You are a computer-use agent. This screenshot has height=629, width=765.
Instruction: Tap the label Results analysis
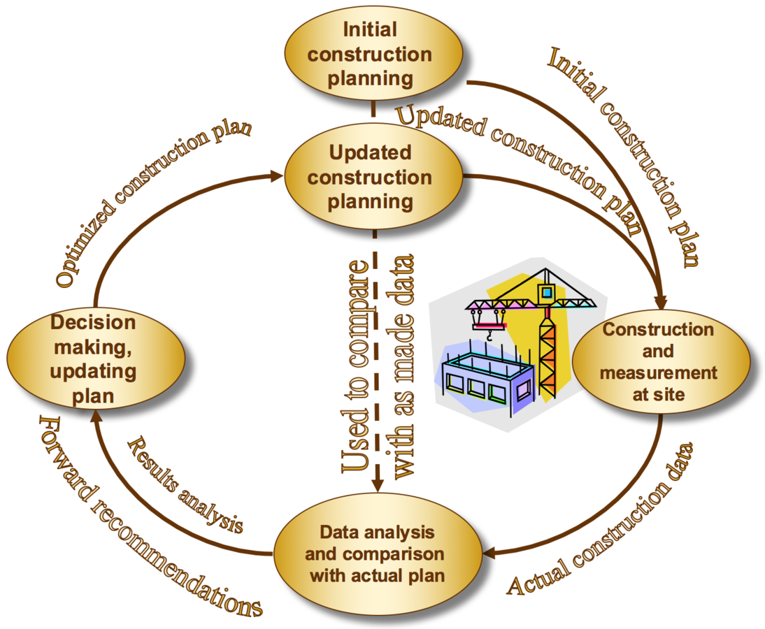click(x=185, y=486)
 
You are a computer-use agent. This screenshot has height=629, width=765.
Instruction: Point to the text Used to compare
click(x=353, y=370)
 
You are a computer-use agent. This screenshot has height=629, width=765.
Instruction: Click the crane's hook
click(x=489, y=337)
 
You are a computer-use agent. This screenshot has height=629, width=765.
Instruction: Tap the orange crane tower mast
click(x=547, y=349)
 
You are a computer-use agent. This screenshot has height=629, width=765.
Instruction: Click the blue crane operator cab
click(x=545, y=290)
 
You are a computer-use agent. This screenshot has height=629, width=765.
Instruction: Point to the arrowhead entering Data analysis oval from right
click(x=491, y=553)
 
